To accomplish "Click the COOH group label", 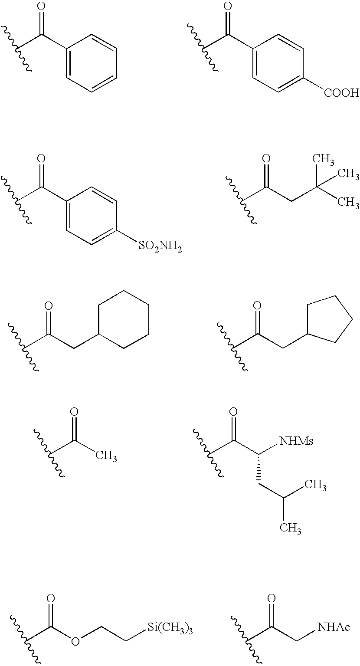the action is [x=341, y=92].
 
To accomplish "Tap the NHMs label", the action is [x=297, y=442].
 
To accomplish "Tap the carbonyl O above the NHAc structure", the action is [x=272, y=599].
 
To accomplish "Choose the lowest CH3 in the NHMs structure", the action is [x=290, y=528].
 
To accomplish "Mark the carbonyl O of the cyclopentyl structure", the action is [x=257, y=305].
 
